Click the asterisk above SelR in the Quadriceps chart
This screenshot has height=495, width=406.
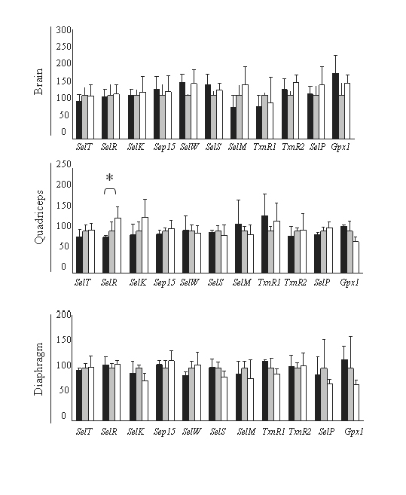point(109,178)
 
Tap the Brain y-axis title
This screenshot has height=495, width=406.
point(38,81)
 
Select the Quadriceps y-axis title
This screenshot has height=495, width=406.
point(39,217)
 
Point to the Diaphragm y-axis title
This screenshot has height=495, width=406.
point(38,368)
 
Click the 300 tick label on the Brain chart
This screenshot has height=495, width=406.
point(64,30)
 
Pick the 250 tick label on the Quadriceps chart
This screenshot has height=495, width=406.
point(64,164)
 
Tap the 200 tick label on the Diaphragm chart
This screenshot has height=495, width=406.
point(63,315)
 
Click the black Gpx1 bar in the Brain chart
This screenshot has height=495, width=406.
point(336,106)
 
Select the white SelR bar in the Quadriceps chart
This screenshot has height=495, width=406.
point(118,246)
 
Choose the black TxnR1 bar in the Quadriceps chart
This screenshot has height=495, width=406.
point(265,244)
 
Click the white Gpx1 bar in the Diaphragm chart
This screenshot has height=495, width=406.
point(356,402)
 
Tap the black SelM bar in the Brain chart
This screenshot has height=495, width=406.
point(234,123)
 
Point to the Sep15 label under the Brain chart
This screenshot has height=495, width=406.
point(164,147)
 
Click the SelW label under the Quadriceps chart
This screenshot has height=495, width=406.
point(189,283)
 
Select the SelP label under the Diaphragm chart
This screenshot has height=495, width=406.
point(326,431)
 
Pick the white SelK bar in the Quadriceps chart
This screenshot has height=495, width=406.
point(145,245)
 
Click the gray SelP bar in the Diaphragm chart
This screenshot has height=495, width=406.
point(324,394)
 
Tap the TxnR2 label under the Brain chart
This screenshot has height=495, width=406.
point(293,147)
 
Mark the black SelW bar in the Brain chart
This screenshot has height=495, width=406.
point(182,111)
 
